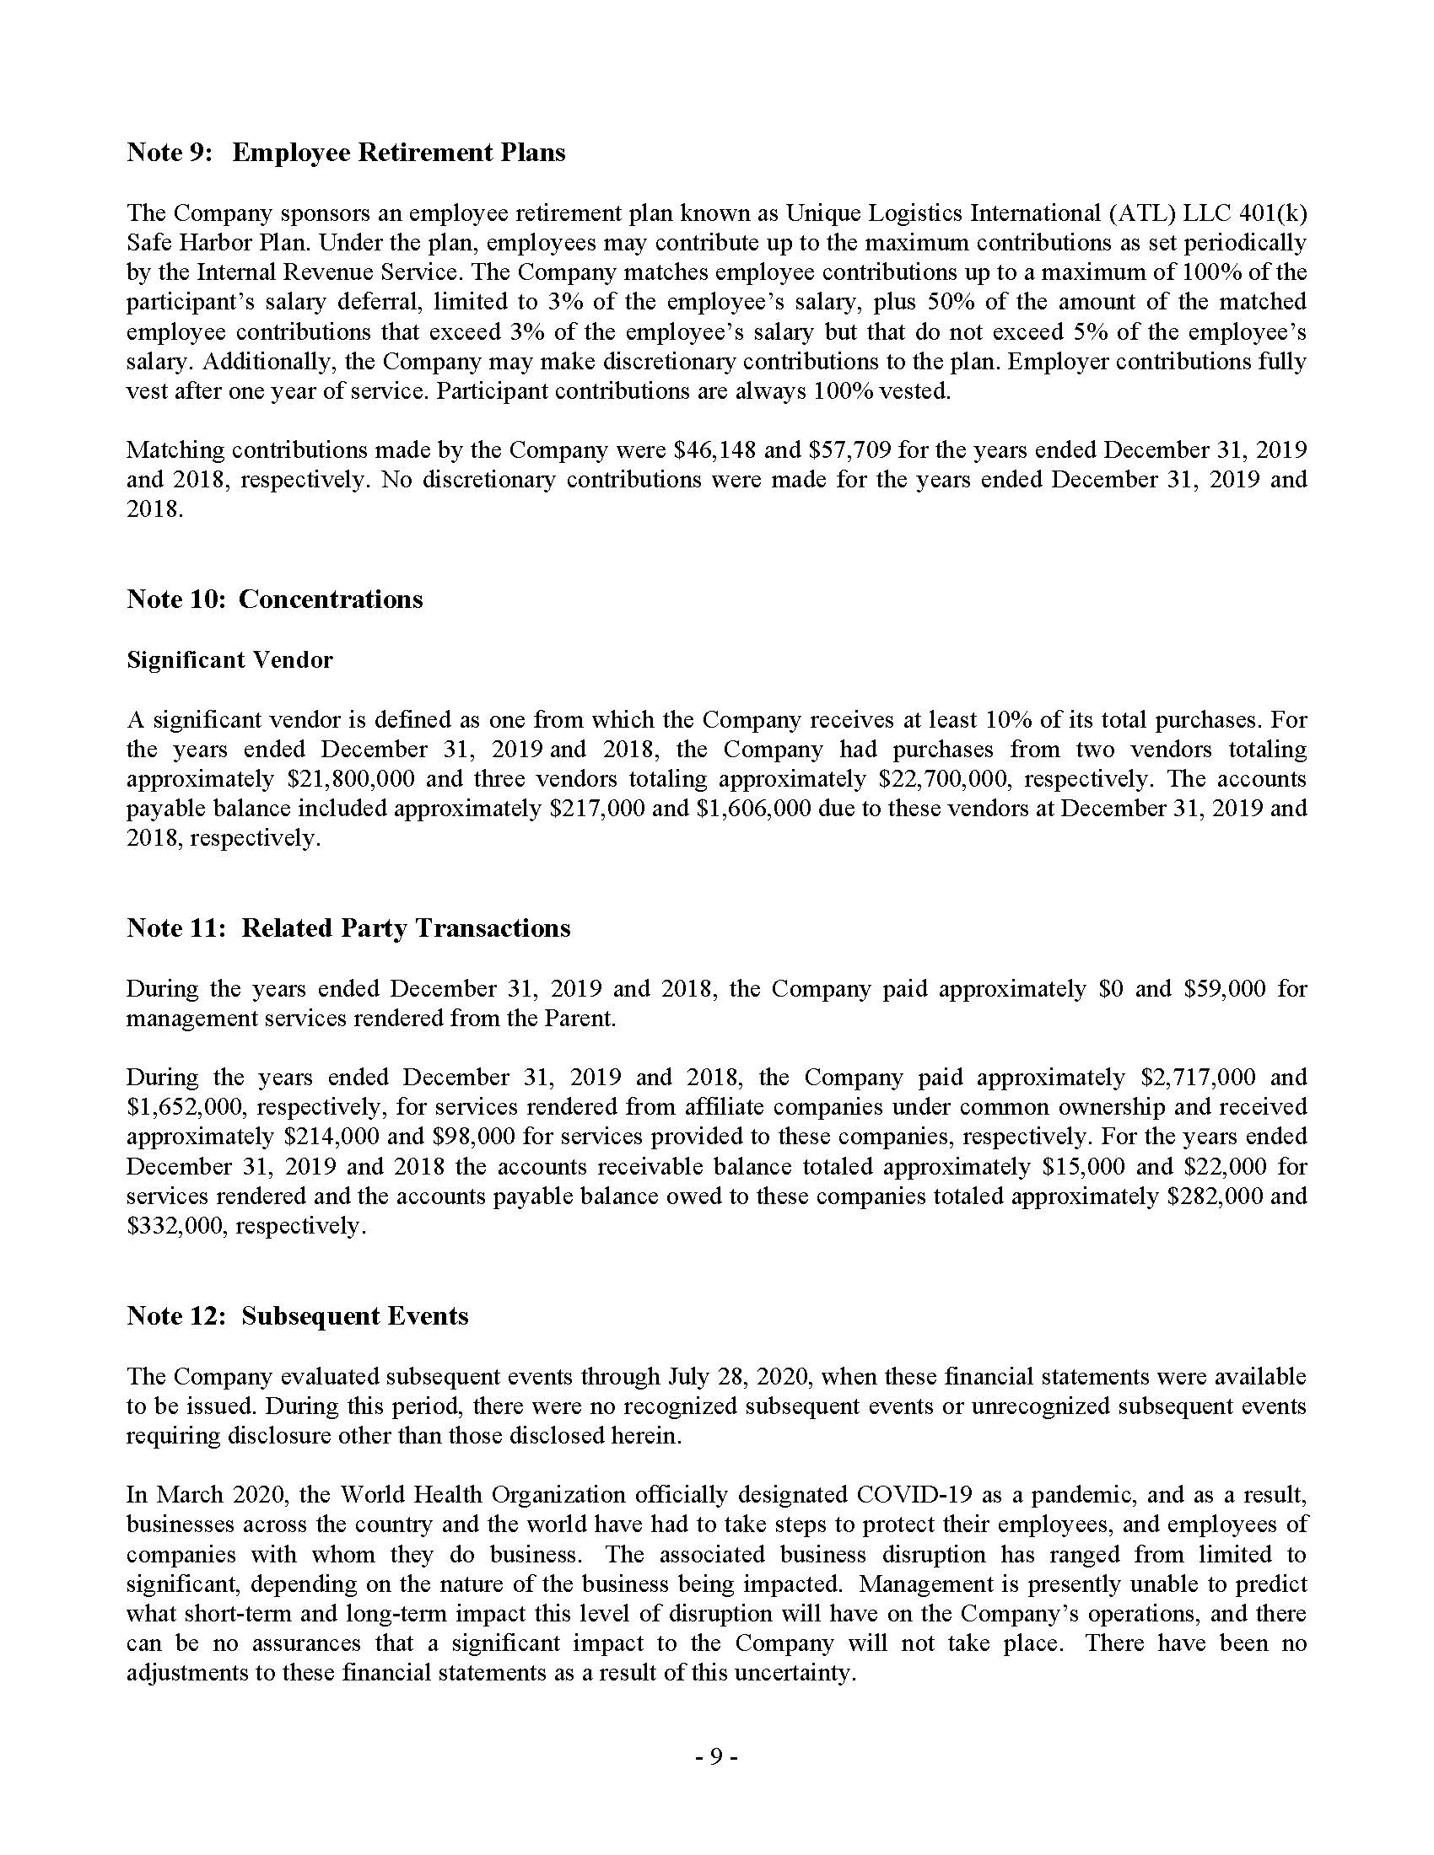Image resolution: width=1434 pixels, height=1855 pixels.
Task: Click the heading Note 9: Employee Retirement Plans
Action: (346, 153)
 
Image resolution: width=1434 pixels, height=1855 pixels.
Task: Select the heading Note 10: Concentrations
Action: (274, 600)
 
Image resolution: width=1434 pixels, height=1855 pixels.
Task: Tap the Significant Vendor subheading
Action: (229, 660)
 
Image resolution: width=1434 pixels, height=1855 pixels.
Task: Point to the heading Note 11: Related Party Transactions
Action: (348, 928)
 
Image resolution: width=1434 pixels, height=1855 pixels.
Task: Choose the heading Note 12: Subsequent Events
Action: (297, 1316)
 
